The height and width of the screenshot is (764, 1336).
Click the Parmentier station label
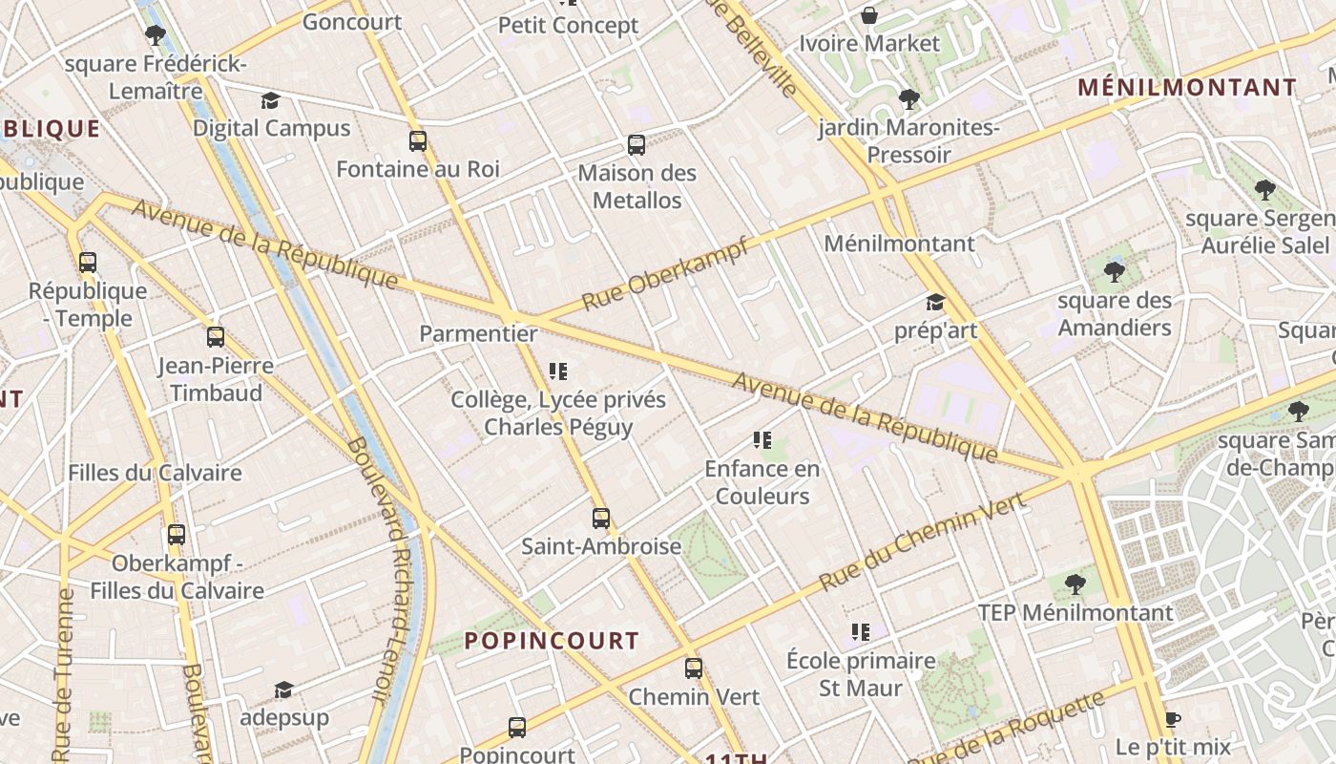click(478, 334)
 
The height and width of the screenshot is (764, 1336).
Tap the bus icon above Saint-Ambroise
click(601, 519)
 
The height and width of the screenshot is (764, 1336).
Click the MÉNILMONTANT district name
click(1187, 88)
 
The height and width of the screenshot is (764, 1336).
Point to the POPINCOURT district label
click(552, 641)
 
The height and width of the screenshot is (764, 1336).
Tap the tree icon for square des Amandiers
click(1114, 272)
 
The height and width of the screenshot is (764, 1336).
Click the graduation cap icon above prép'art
click(935, 303)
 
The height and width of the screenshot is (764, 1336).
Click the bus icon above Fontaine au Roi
click(418, 141)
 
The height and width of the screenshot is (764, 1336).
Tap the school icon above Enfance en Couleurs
click(762, 440)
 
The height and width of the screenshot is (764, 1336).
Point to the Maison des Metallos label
click(637, 187)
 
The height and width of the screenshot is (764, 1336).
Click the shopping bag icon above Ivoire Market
click(869, 15)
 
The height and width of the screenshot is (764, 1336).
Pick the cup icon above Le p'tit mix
click(1173, 719)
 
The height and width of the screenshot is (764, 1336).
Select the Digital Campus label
click(272, 128)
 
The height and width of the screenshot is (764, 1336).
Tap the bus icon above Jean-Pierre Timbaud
click(216, 337)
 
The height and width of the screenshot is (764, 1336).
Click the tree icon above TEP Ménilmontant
click(1075, 584)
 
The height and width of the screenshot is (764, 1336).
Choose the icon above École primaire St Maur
click(861, 632)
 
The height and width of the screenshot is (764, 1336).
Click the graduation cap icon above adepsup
click(283, 690)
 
